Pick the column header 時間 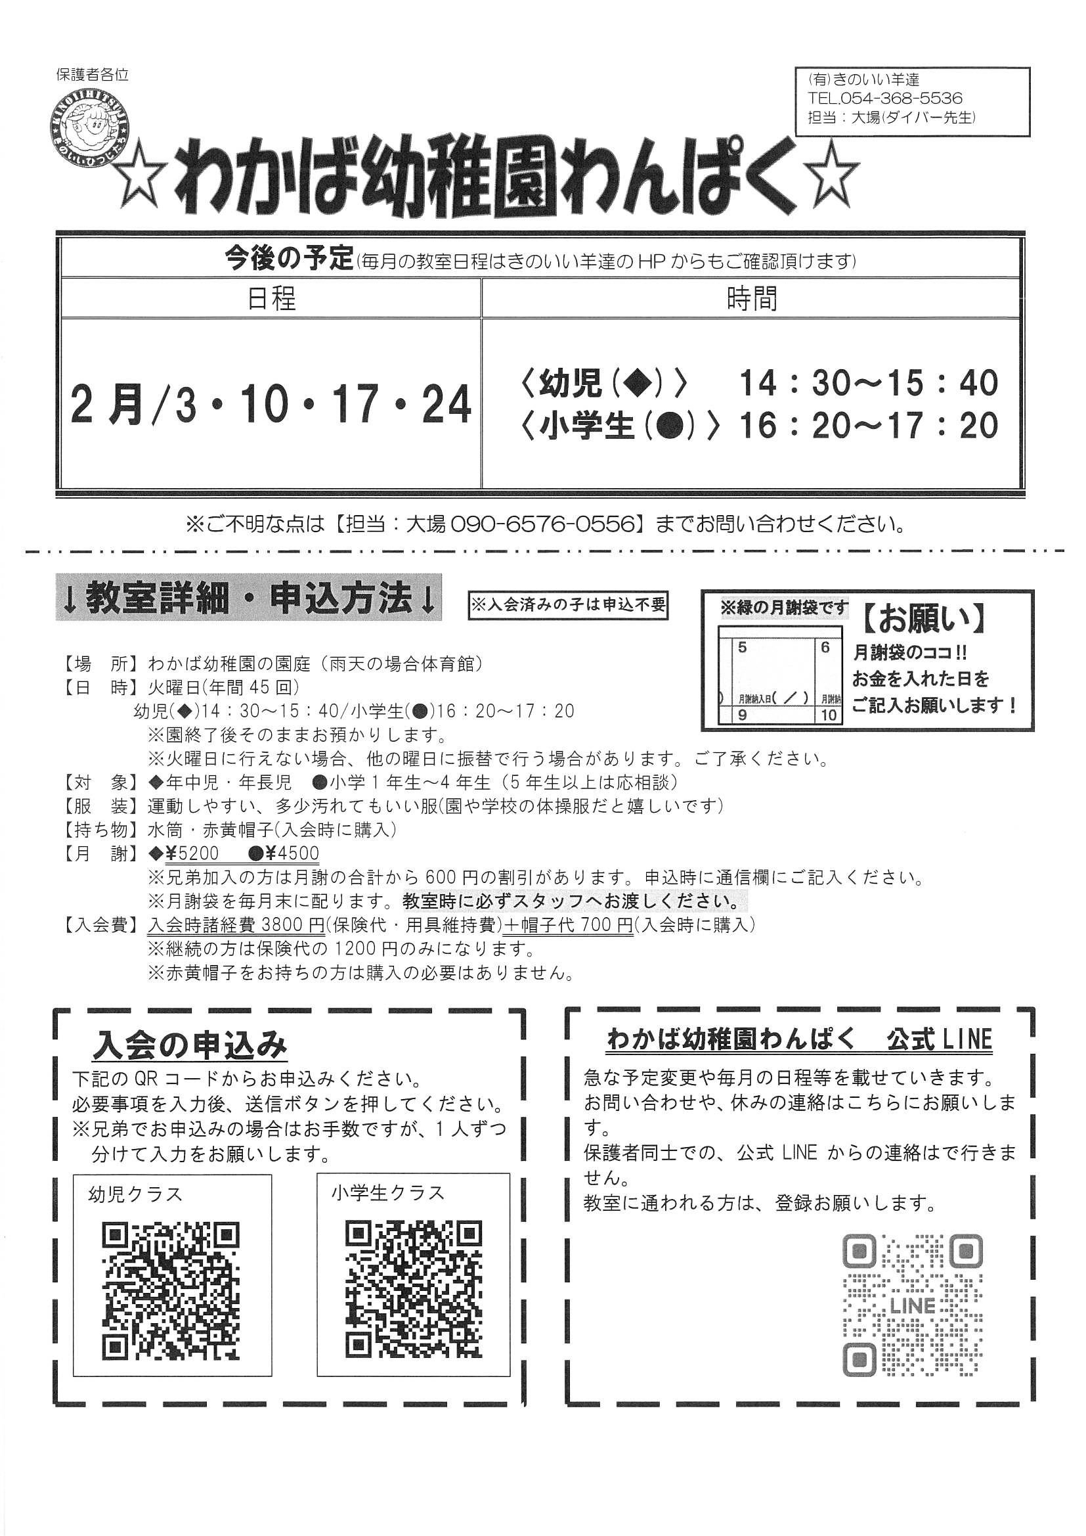coord(752,298)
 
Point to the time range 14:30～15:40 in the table coord(868,383)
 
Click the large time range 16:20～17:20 coord(868,426)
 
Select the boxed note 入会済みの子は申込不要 coord(569,606)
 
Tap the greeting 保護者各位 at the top coord(93,75)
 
